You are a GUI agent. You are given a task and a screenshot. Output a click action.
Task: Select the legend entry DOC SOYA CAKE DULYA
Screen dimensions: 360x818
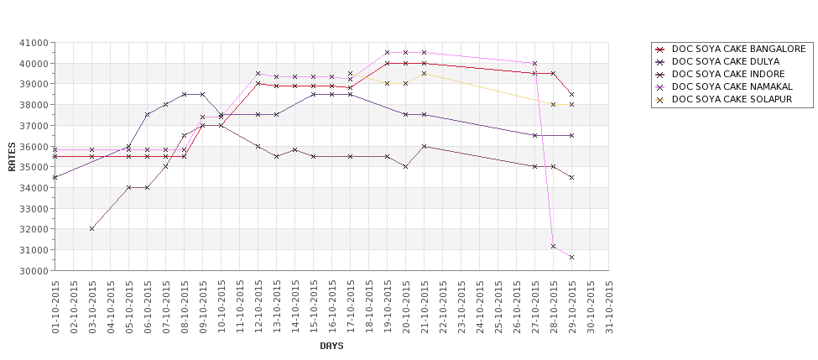726,61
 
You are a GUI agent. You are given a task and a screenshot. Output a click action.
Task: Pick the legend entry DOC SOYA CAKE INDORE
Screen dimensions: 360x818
728,74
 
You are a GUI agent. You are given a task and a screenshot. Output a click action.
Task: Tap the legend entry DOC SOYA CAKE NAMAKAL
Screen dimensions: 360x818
732,86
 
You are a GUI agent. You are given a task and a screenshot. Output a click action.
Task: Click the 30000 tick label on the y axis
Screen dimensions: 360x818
35,271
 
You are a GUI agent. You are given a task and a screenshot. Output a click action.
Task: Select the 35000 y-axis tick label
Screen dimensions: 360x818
35,167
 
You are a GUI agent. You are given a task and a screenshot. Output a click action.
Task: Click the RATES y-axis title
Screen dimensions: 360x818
12,156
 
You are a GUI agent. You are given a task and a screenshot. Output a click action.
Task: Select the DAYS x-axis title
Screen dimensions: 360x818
331,346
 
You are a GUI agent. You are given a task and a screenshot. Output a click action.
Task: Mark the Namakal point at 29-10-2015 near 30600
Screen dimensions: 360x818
572,257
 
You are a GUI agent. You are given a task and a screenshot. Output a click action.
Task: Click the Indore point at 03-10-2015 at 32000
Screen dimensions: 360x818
92,228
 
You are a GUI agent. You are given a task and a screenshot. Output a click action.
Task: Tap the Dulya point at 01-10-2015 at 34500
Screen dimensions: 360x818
55,177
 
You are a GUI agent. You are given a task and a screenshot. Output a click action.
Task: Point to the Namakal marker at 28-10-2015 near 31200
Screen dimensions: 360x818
554,246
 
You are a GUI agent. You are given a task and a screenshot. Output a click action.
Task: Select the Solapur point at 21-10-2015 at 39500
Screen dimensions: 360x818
425,73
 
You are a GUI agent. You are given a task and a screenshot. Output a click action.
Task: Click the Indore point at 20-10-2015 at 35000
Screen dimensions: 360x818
406,167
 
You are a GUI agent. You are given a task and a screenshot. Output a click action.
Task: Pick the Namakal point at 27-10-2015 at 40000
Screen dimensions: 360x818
535,63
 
